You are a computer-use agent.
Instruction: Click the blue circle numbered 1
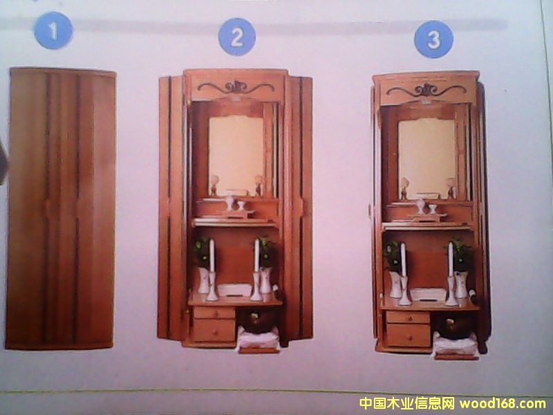click(54, 30)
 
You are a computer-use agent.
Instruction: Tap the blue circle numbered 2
click(237, 37)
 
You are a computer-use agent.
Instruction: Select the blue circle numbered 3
click(434, 39)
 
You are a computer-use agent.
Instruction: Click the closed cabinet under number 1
click(61, 208)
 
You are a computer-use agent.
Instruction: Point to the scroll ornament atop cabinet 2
click(236, 87)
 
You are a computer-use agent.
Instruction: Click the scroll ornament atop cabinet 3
click(427, 90)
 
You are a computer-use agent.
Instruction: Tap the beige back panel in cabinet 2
click(236, 154)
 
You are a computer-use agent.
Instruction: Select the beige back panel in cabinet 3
click(427, 158)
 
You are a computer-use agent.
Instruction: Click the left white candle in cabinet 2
click(212, 255)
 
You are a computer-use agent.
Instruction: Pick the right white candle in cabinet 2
click(256, 255)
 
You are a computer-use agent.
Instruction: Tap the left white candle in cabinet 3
click(403, 260)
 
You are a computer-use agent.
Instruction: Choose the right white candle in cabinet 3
click(451, 260)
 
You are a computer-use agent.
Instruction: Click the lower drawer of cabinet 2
click(214, 331)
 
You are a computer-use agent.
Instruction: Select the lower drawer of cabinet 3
click(408, 335)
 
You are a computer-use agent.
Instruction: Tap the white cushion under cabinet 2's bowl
click(259, 338)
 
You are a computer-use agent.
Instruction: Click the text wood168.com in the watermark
click(503, 403)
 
